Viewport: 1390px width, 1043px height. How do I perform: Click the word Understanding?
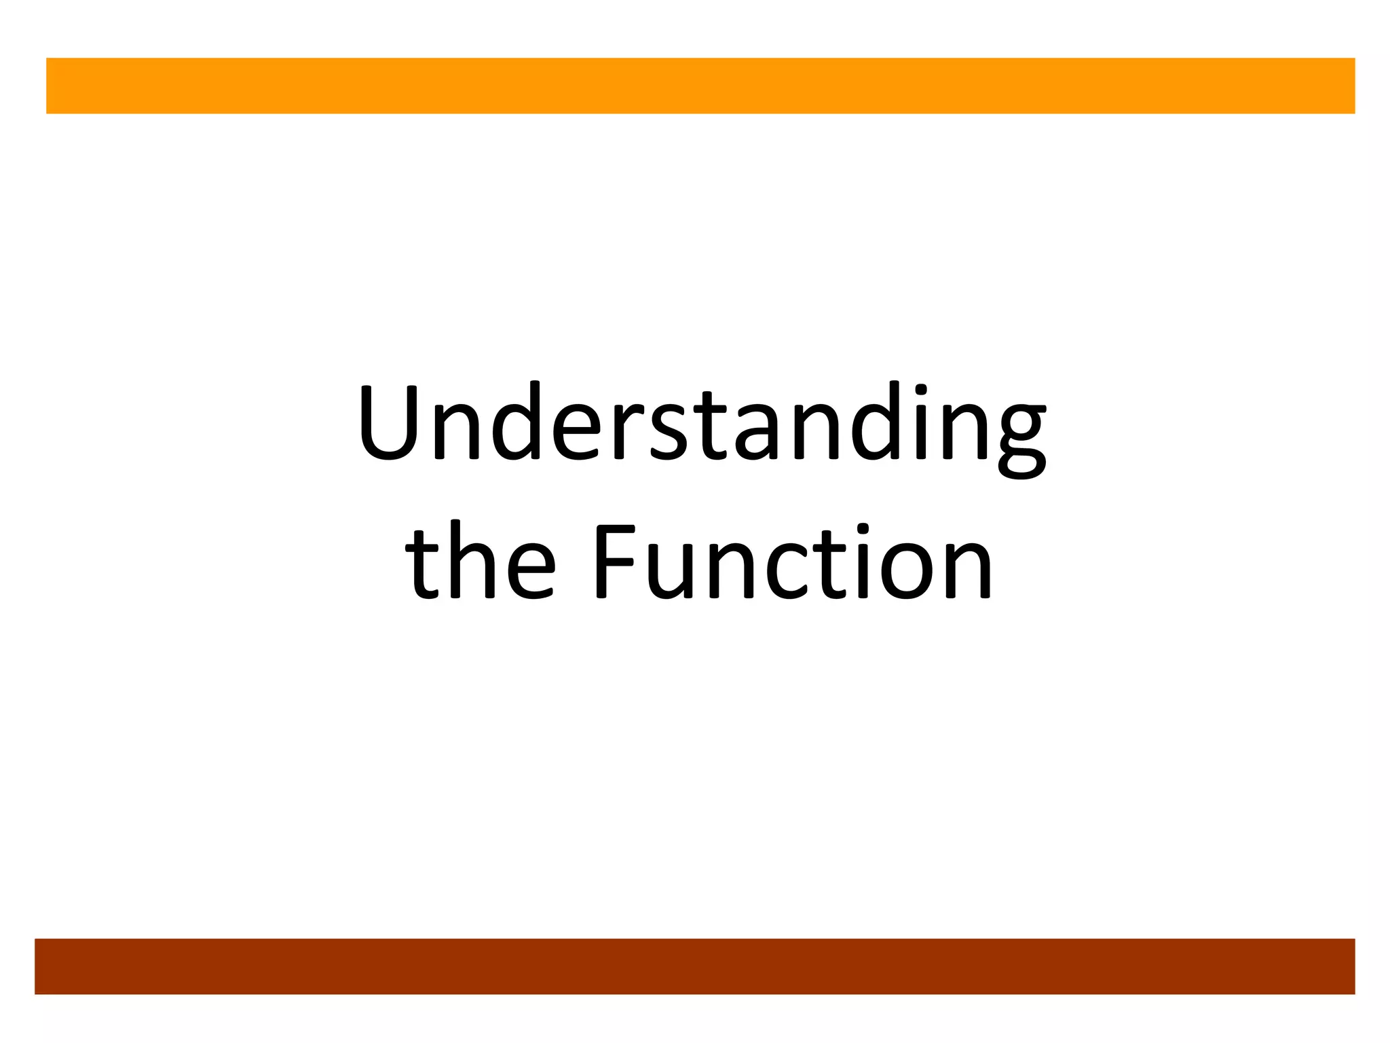[x=702, y=424]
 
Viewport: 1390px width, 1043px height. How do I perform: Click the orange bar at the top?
[x=700, y=86]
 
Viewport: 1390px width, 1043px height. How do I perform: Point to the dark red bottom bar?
[x=695, y=966]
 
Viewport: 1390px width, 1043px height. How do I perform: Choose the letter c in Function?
[x=787, y=570]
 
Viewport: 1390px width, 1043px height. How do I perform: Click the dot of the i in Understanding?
[x=921, y=390]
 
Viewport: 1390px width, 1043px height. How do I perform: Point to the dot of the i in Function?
[x=863, y=529]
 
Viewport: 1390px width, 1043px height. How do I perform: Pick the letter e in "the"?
[x=530, y=570]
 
